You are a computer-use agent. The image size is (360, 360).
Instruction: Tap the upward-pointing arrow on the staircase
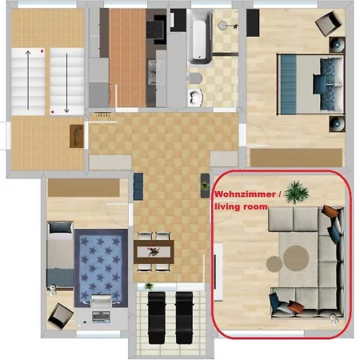(x=28, y=80)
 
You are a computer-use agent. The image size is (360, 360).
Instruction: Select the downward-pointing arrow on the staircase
(x=66, y=83)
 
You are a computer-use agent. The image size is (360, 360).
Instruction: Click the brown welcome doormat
(x=77, y=136)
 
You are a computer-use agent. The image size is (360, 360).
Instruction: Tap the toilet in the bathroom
(x=195, y=78)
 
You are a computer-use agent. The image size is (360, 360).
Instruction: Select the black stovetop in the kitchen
(x=154, y=30)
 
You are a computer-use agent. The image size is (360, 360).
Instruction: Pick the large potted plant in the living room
(x=296, y=192)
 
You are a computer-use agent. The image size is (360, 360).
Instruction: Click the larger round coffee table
(x=296, y=258)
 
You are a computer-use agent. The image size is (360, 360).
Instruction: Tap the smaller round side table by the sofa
(x=274, y=264)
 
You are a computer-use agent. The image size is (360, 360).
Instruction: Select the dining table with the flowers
(x=154, y=252)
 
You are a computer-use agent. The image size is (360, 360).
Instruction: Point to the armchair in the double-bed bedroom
(x=329, y=23)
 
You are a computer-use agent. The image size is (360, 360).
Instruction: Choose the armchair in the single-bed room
(x=60, y=316)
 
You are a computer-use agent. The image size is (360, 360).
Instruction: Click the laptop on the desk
(x=101, y=317)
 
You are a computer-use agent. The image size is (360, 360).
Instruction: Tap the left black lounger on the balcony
(x=157, y=318)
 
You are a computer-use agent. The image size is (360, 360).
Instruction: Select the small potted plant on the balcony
(x=149, y=286)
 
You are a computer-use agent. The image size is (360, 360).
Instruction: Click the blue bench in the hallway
(x=138, y=186)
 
